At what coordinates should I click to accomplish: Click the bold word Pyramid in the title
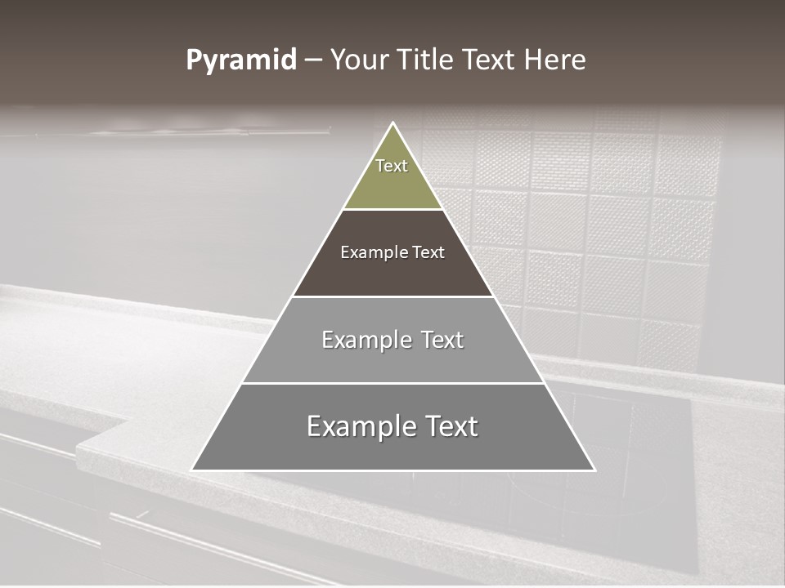[x=240, y=60]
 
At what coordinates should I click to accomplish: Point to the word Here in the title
[x=554, y=60]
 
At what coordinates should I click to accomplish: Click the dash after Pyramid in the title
[x=312, y=60]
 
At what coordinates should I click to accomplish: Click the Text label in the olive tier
[x=392, y=166]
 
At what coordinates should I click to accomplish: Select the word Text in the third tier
[x=443, y=340]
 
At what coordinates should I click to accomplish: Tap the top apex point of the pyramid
[x=392, y=123]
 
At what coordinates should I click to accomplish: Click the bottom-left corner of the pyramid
[x=192, y=470]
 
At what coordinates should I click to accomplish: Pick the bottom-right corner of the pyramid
[x=594, y=470]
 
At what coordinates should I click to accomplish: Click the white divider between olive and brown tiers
[x=392, y=210]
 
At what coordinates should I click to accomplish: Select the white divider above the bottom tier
[x=392, y=383]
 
